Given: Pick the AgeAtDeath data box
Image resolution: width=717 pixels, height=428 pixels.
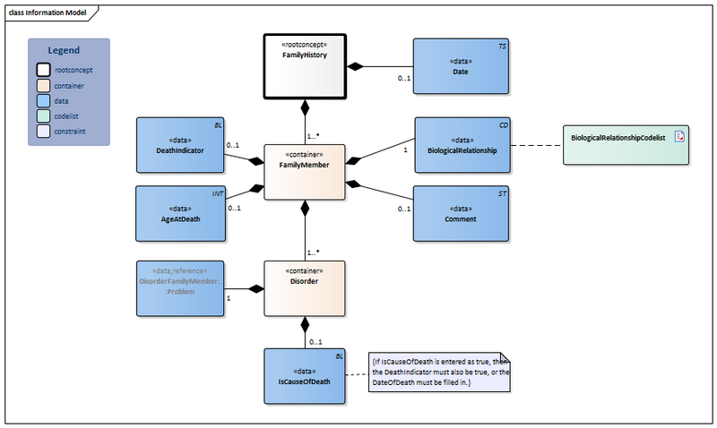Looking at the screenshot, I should [179, 213].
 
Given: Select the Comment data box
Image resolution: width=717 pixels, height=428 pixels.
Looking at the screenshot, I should [460, 213].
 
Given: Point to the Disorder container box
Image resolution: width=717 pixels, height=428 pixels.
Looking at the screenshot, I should [304, 288].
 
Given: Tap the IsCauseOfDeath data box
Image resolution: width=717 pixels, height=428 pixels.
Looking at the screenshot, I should [305, 375].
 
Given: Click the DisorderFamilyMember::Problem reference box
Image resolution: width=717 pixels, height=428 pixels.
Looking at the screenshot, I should [179, 288].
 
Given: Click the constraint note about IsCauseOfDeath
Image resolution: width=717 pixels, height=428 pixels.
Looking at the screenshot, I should [439, 372].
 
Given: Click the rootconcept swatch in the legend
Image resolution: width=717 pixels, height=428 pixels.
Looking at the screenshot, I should [42, 68].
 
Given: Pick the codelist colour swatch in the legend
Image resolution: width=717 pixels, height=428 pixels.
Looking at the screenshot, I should [42, 116].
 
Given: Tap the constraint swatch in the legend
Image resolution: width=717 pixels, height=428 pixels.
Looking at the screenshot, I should [42, 132].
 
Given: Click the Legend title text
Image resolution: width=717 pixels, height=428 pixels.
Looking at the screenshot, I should [64, 51].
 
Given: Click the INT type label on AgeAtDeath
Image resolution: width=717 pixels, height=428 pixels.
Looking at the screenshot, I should [217, 193].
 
